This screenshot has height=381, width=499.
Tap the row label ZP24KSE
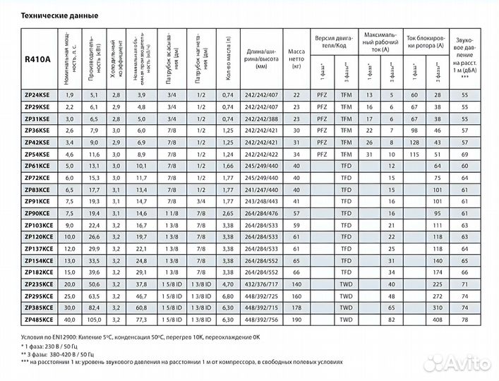(37, 95)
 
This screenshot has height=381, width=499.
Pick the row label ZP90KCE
(37, 213)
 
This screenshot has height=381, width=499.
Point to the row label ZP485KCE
(39, 320)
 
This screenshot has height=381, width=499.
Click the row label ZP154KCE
(39, 260)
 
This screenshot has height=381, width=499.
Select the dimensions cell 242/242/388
(260, 119)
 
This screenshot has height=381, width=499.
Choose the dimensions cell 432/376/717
(260, 284)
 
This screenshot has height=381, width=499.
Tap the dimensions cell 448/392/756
(260, 320)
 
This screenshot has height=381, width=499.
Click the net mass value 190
(296, 320)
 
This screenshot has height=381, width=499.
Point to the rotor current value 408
(437, 320)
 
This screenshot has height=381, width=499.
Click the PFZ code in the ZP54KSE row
(323, 154)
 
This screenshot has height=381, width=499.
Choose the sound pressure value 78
(465, 320)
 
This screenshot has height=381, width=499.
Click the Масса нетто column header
(296, 59)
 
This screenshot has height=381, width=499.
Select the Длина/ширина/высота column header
(260, 59)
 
